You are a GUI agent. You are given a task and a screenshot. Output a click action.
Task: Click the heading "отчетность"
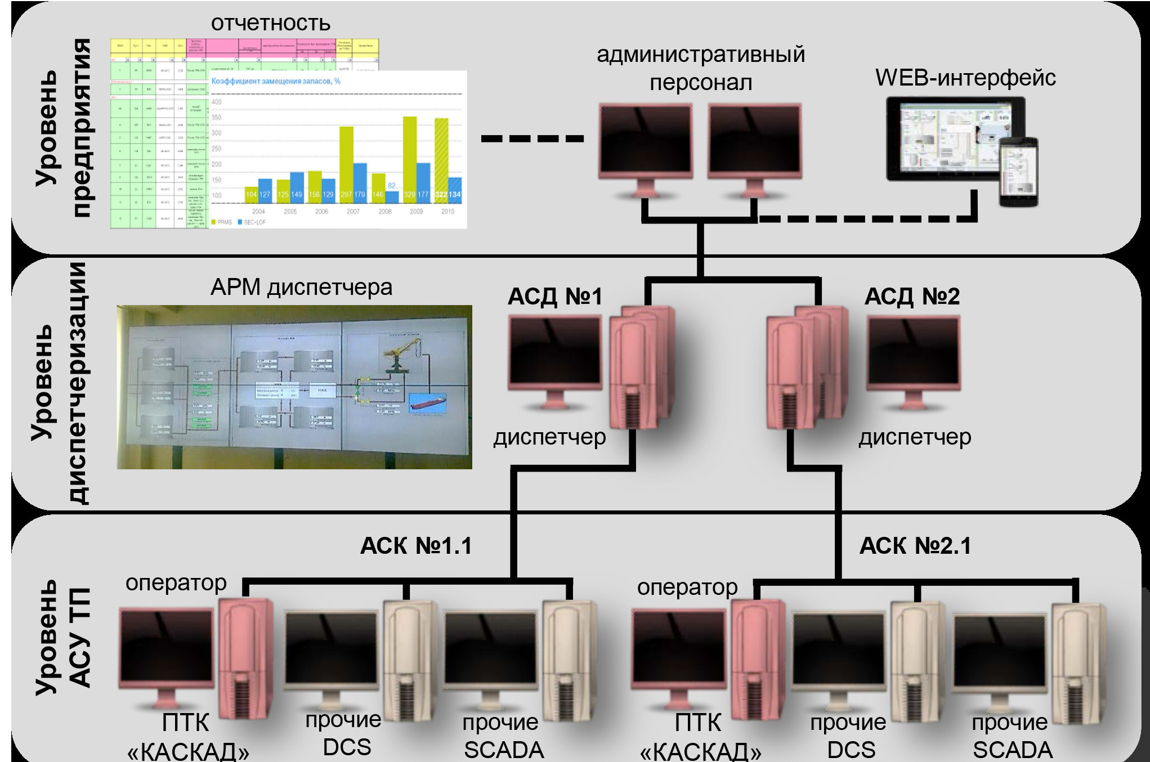270,23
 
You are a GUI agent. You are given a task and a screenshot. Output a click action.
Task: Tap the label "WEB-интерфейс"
965,78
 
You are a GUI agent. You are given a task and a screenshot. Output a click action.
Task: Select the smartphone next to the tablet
1019,172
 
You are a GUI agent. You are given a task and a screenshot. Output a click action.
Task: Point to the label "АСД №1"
555,297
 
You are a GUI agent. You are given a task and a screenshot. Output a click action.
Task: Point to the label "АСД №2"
912,297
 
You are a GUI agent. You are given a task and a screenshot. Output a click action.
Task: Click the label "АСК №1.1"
416,546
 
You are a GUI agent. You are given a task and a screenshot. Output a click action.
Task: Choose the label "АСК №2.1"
915,546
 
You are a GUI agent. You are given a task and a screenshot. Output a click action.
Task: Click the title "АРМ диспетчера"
301,288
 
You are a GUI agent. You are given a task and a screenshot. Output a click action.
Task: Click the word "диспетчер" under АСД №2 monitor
915,437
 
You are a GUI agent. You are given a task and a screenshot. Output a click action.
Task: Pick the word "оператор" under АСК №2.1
687,588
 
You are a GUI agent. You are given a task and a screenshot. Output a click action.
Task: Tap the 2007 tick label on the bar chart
353,212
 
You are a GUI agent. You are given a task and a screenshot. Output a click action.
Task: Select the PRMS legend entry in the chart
222,222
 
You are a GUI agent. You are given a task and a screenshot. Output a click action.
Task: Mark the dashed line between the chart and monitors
532,138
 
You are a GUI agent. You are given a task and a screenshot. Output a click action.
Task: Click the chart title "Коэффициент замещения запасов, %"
276,82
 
